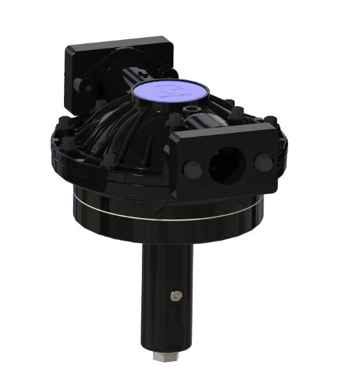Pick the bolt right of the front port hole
(x=263, y=162)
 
